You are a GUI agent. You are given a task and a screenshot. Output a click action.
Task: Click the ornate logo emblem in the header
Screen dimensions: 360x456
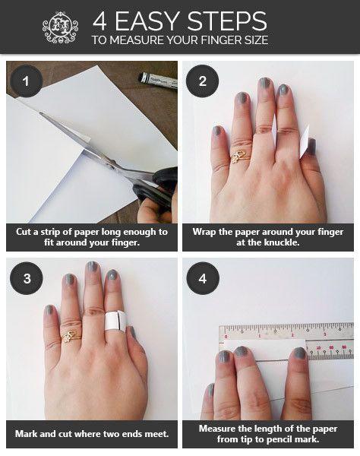[60, 27]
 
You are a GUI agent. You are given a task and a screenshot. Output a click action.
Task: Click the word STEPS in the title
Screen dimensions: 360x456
[227, 21]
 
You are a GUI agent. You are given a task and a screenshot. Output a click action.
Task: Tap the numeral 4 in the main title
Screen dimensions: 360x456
[99, 21]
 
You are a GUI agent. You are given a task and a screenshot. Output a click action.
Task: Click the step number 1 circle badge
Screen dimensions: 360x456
[26, 81]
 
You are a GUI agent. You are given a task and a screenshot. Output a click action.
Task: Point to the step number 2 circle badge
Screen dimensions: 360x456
[203, 81]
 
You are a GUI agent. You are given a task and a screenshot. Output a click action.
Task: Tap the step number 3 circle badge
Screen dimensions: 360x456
[27, 278]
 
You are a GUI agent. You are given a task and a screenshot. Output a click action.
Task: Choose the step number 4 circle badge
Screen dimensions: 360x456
[203, 278]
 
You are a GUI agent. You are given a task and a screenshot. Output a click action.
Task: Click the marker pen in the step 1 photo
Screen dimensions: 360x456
[158, 81]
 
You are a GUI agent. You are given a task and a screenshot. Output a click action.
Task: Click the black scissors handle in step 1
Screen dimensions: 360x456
[157, 186]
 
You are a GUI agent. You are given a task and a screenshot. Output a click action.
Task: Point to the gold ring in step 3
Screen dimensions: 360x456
[71, 337]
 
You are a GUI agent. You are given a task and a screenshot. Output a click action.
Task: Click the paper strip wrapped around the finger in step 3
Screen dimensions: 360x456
[115, 321]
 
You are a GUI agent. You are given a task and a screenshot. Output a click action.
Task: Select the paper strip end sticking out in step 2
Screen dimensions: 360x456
[304, 143]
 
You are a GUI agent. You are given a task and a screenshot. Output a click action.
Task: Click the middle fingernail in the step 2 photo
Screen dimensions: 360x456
[264, 83]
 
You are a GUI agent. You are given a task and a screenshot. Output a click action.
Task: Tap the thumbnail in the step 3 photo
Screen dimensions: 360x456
[132, 332]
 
